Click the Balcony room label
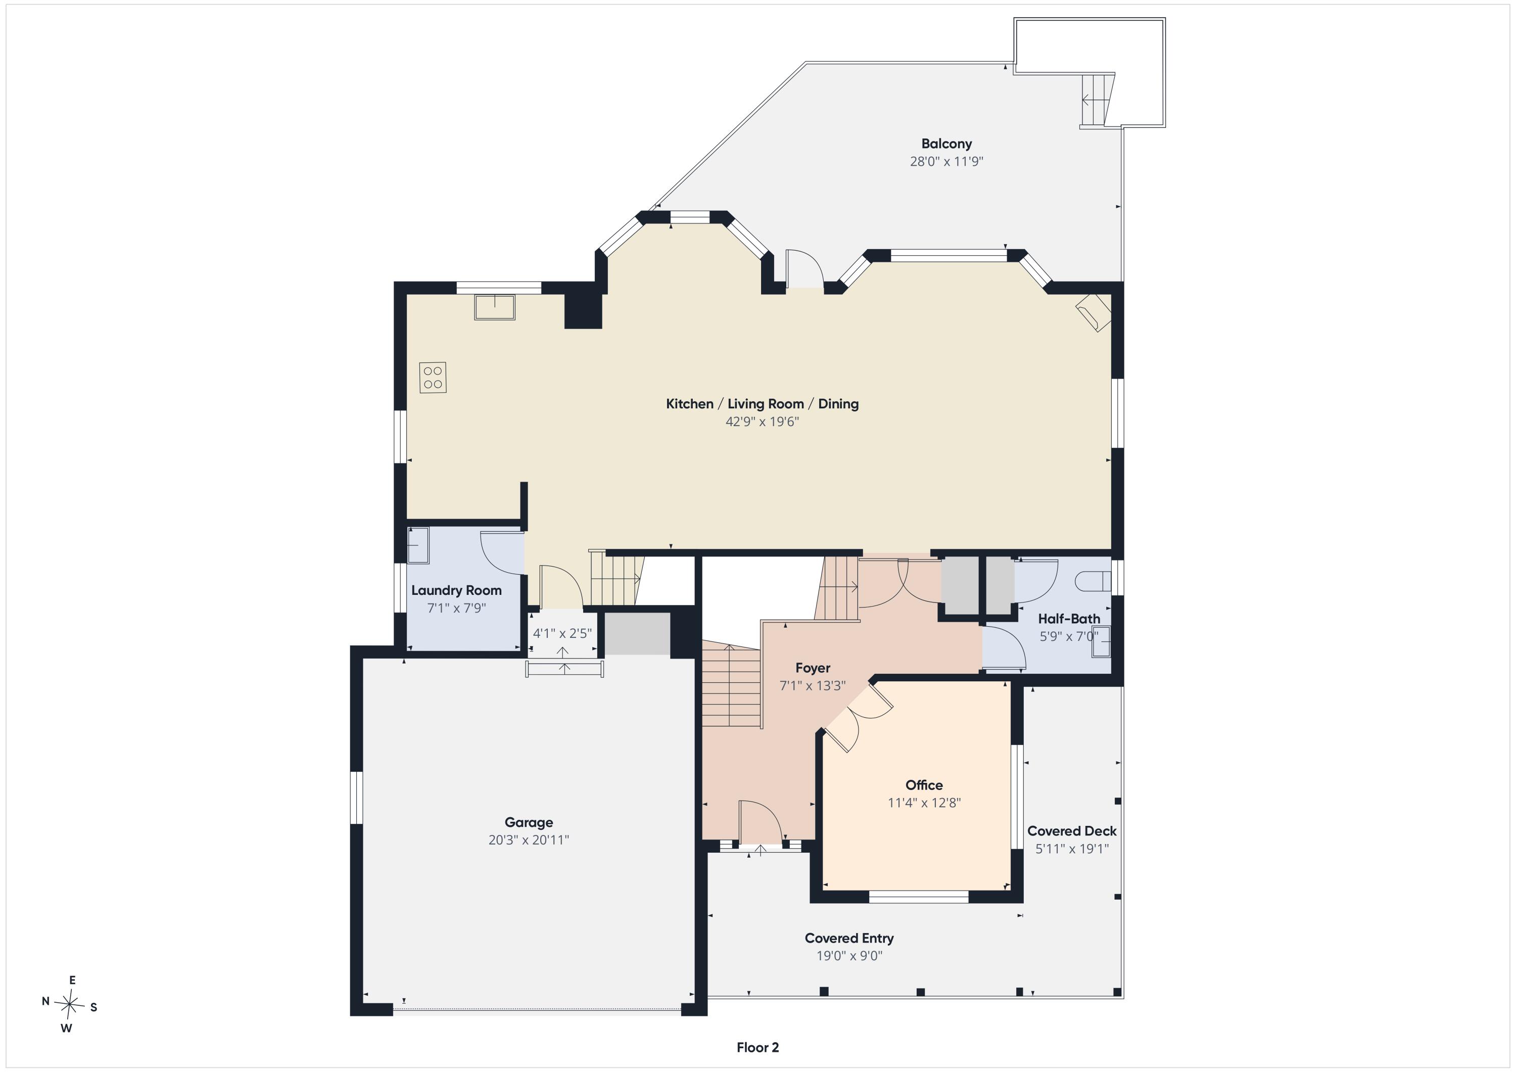[946, 144]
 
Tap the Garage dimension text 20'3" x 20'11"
[528, 840]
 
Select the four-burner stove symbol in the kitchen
[433, 377]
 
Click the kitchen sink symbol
[494, 307]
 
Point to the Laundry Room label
[456, 590]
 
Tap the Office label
[924, 785]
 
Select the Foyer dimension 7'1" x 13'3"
[812, 685]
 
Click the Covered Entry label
[849, 939]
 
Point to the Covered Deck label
[1072, 831]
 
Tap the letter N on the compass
[45, 1001]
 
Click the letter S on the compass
[94, 1008]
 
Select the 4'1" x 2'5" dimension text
[562, 633]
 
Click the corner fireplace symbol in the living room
[1094, 312]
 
